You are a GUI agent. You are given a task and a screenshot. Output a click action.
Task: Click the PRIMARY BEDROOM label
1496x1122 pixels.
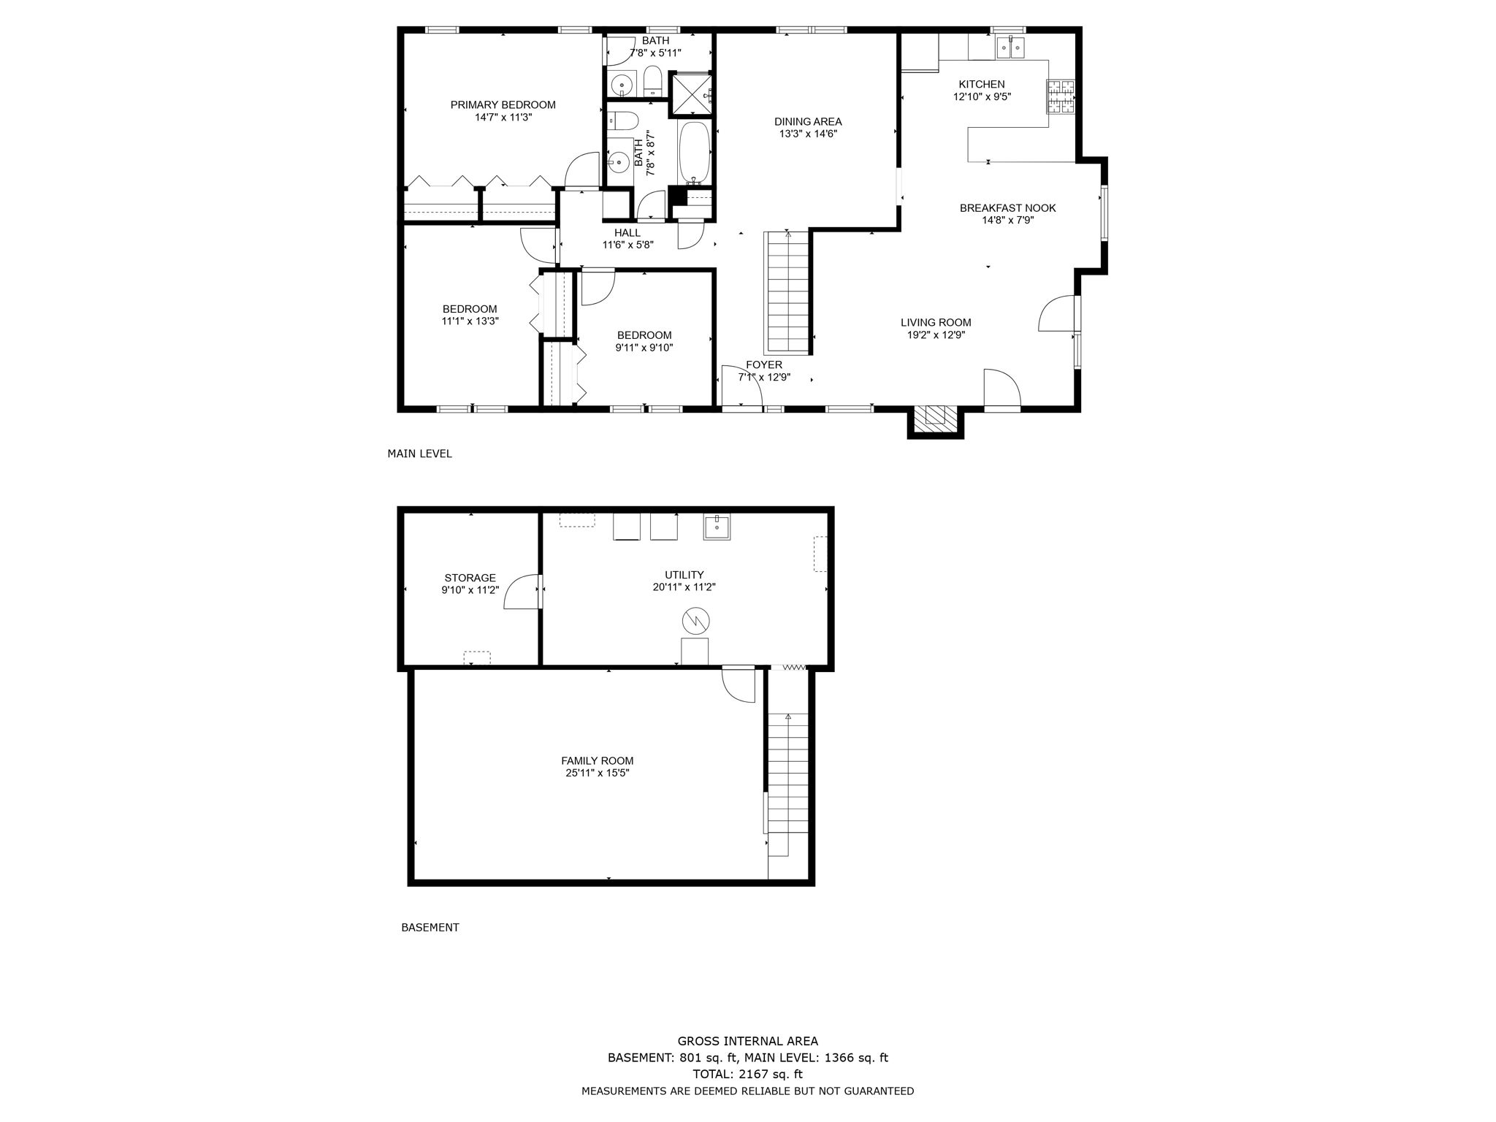(503, 104)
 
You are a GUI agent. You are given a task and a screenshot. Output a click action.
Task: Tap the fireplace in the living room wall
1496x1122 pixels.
(935, 419)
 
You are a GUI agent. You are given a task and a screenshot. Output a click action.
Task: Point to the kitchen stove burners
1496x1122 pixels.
(1061, 96)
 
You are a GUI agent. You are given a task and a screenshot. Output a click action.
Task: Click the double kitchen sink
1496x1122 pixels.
(1012, 47)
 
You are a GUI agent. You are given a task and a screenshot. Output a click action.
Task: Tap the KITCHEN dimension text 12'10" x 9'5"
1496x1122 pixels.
(982, 96)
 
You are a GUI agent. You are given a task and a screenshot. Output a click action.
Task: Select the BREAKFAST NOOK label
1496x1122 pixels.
(1007, 208)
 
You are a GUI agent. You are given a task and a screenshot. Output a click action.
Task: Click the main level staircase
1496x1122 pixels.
(787, 292)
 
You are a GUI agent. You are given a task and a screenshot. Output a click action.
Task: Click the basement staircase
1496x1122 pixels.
(788, 785)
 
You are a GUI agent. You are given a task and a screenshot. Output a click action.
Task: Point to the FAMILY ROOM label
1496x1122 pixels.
(597, 760)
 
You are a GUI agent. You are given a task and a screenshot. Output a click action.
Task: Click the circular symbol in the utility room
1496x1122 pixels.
(695, 621)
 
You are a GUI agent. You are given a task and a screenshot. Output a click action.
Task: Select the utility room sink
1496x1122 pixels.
(717, 527)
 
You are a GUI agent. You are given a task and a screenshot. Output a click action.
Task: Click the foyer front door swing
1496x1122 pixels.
(741, 387)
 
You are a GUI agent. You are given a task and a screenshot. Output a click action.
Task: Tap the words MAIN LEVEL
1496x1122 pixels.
(419, 454)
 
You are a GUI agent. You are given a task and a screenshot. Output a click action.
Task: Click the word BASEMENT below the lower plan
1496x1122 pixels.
(430, 928)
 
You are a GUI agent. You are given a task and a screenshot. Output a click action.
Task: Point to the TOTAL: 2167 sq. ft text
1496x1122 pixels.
(747, 1074)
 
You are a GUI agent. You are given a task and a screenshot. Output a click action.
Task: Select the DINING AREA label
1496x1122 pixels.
(808, 122)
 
